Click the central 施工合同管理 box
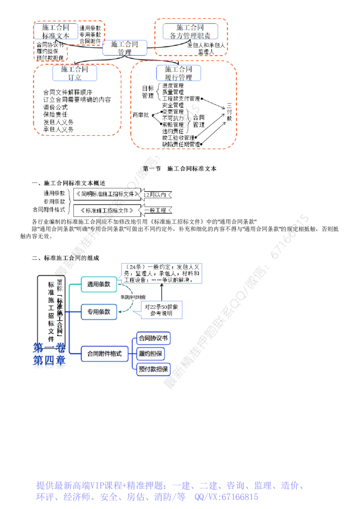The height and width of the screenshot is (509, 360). (125, 48)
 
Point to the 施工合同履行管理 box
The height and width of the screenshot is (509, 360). (178, 73)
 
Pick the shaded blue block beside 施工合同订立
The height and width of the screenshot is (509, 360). (108, 74)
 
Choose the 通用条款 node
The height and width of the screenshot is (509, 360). (99, 284)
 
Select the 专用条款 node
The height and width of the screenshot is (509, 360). (99, 312)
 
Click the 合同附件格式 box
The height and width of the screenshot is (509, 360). (104, 354)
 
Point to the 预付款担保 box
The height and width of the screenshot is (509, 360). (154, 370)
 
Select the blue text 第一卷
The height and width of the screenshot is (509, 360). (49, 348)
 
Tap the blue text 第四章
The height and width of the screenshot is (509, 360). (49, 361)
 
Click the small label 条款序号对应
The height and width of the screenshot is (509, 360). (133, 298)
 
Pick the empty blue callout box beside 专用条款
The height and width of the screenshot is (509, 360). (162, 310)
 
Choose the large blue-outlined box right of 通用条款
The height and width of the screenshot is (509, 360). (162, 274)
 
